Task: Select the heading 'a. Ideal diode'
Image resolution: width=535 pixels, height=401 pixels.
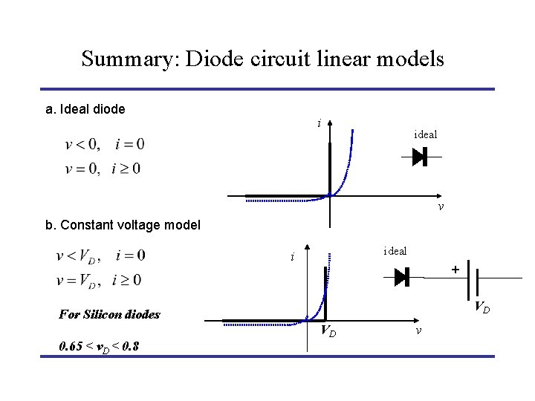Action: [85, 110]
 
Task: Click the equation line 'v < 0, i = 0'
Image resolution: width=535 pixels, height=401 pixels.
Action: [105, 144]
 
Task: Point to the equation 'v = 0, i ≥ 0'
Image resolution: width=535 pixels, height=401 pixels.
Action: [105, 169]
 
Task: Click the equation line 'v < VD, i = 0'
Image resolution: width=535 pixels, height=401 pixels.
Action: [101, 256]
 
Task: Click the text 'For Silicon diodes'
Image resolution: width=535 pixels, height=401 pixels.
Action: [109, 314]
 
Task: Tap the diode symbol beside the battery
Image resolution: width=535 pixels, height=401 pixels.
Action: [402, 277]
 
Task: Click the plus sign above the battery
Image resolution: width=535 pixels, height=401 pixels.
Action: [455, 269]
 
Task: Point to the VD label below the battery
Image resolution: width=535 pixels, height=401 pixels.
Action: [481, 306]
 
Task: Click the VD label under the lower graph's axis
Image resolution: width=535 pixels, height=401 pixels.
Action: [328, 331]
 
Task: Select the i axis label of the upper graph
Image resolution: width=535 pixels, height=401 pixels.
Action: [319, 123]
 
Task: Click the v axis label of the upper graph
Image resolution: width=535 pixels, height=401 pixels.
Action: [441, 206]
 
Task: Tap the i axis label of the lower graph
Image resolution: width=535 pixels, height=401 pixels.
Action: [294, 258]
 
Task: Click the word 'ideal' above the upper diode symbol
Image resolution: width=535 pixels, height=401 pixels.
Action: [425, 134]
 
